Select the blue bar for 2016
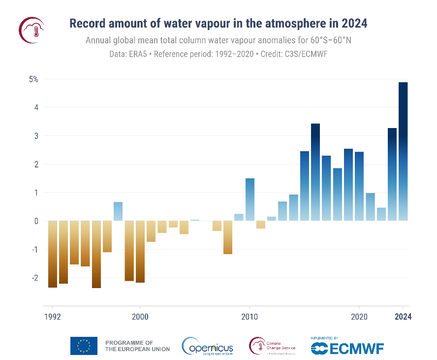pos(315,172)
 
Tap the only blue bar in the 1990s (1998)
pos(118,211)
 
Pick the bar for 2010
pos(250,199)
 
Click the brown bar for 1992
pos(53,254)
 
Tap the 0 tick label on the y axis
pos(36,221)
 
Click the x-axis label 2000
pos(140,317)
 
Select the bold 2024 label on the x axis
pos(403,317)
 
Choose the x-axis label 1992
pos(53,317)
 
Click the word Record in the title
pos(86,24)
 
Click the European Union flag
pos(84,346)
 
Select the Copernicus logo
pos(207,346)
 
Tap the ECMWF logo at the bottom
pos(347,347)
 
